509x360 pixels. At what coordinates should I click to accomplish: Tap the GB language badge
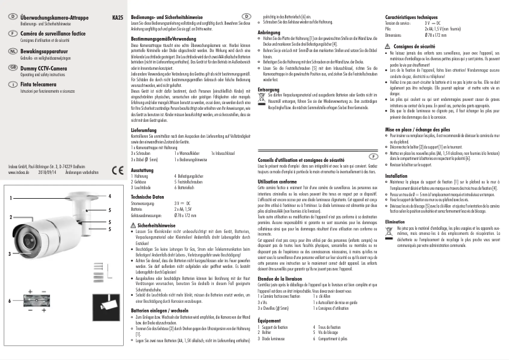pos(13,66)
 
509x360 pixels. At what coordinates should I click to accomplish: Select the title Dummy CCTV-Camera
pos(46,65)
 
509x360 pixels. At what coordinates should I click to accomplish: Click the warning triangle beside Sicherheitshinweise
pos(133,243)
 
